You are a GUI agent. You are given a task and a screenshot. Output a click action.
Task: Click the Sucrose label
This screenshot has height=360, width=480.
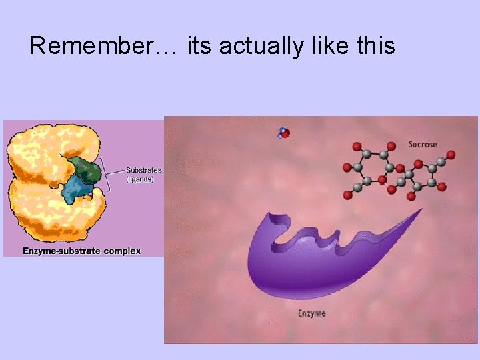[x=423, y=144]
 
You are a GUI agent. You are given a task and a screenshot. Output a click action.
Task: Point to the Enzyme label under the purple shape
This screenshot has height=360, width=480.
[x=312, y=313]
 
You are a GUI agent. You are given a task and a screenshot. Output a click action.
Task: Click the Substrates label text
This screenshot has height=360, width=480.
[x=144, y=170]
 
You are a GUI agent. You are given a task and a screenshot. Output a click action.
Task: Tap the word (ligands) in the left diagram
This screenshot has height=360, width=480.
[x=140, y=179]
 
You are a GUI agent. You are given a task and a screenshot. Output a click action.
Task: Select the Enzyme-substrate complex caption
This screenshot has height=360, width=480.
[x=82, y=251]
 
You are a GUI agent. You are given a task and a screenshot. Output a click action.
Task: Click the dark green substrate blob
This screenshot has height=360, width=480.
[x=87, y=171]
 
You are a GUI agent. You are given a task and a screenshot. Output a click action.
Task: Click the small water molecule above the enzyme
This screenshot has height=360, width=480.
[x=284, y=133]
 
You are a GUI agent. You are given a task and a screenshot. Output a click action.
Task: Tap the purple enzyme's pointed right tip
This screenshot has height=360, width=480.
[x=419, y=211]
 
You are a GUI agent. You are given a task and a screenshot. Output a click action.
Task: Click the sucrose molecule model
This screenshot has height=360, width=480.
[x=397, y=171]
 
